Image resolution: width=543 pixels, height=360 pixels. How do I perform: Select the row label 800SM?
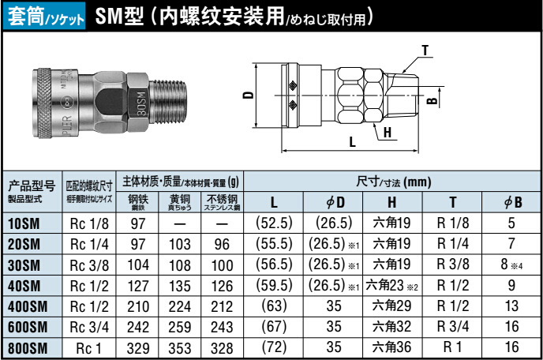28,347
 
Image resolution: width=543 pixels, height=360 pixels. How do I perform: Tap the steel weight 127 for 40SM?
138,285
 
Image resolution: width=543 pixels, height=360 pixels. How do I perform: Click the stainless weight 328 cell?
222,347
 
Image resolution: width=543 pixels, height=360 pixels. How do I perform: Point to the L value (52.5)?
275,223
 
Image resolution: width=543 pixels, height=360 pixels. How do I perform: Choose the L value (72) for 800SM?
275,347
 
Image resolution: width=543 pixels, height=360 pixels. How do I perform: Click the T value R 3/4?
452,326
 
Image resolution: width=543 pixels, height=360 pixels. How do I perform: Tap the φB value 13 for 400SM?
511,306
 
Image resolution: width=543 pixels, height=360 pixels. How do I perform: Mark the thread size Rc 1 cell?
89,347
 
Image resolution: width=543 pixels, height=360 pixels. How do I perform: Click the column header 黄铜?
178,201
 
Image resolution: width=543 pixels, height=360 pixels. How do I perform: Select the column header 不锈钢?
222,201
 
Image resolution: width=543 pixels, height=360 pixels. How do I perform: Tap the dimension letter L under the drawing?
352,142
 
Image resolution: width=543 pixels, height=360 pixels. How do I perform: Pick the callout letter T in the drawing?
425,51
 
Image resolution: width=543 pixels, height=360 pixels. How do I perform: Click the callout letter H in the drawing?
388,133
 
